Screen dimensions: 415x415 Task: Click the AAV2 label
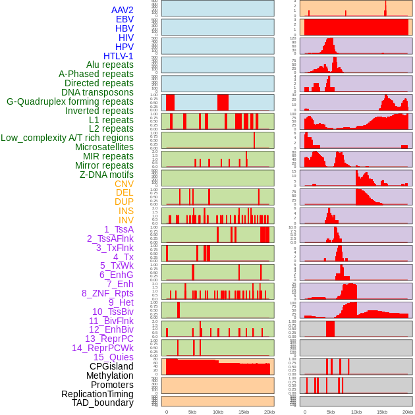[x=123, y=10]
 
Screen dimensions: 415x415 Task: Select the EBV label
[x=124, y=19]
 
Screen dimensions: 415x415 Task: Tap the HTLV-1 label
[x=119, y=56]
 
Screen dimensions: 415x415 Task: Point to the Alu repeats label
[x=110, y=65]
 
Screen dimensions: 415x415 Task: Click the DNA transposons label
[x=97, y=92]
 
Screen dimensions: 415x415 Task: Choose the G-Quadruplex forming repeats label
[x=70, y=101]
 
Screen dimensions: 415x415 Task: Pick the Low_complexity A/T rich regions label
[x=67, y=138]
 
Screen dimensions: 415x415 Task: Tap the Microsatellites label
[x=104, y=147]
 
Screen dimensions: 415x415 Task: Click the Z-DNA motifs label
[x=107, y=175]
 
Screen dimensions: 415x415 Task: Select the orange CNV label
[x=124, y=184]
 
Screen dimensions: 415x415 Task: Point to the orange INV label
[x=126, y=220]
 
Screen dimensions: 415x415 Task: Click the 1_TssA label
[x=119, y=229]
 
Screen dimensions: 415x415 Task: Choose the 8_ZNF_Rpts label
[x=107, y=293]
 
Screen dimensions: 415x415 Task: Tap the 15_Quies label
[x=113, y=357]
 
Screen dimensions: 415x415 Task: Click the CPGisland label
[x=111, y=366]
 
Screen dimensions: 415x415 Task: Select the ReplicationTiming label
[x=97, y=394]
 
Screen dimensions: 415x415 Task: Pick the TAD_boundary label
[x=103, y=402]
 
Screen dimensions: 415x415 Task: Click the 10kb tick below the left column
[x=217, y=412]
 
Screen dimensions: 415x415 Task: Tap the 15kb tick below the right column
[x=382, y=412]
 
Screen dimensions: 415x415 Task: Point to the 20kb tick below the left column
[x=269, y=412]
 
